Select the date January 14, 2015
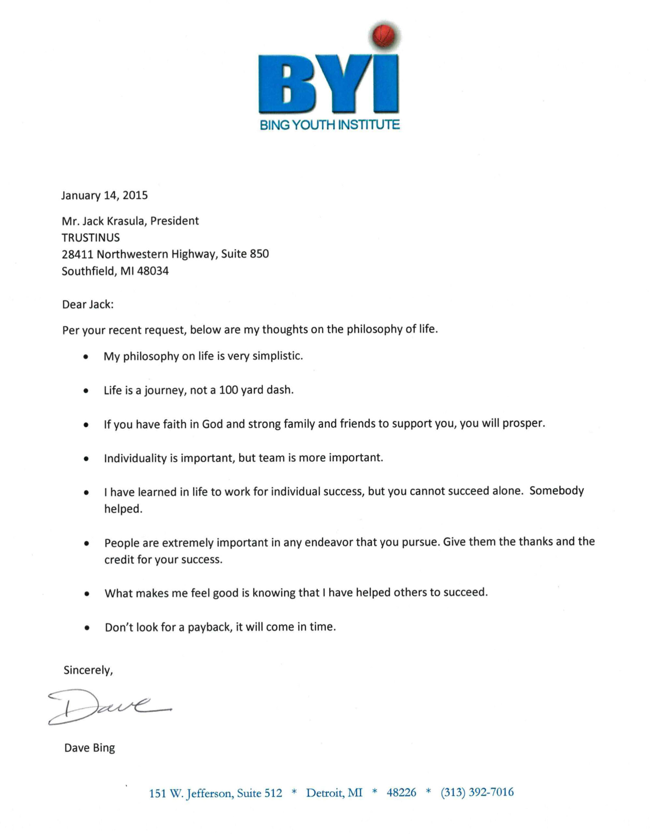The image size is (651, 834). point(104,195)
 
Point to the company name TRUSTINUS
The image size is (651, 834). point(91,238)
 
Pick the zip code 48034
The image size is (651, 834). point(153,271)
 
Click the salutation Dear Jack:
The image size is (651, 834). point(88,304)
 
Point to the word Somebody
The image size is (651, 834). point(556,491)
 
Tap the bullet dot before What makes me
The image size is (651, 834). point(87,594)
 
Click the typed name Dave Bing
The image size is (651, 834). point(89,748)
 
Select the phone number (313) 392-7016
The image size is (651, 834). point(477,792)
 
